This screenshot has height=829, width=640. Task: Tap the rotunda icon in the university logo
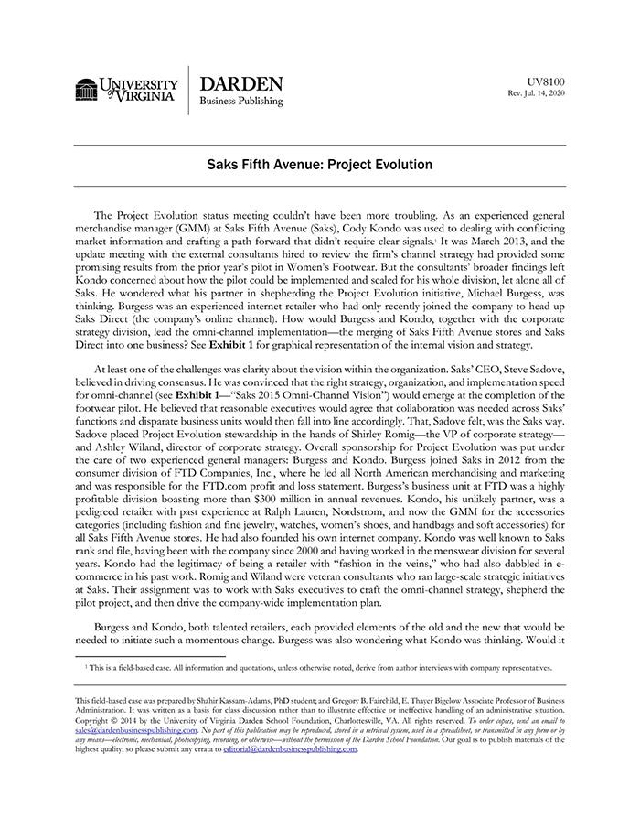pyautogui.click(x=87, y=90)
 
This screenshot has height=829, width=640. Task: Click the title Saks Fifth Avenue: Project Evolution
pyautogui.click(x=319, y=166)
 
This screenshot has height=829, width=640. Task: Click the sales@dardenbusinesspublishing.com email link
pyautogui.click(x=136, y=730)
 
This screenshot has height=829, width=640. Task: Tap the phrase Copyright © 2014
pyautogui.click(x=106, y=721)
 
